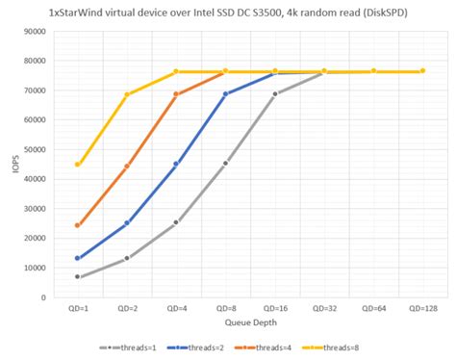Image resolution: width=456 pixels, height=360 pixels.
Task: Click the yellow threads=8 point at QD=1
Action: (x=78, y=165)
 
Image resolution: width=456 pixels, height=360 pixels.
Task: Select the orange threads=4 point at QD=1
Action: (x=78, y=225)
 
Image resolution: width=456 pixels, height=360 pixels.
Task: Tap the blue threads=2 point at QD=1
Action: (x=78, y=258)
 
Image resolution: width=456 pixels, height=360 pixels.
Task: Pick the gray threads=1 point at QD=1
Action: (x=78, y=277)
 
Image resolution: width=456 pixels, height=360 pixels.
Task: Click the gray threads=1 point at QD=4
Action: (x=176, y=222)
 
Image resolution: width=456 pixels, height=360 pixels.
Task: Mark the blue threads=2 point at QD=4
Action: (x=176, y=165)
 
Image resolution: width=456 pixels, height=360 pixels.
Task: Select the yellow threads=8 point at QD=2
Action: (x=127, y=94)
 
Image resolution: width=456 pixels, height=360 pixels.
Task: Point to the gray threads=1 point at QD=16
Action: (x=275, y=94)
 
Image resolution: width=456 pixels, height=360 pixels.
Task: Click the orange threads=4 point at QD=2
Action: (x=127, y=167)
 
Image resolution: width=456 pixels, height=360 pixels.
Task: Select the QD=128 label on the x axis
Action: (x=422, y=309)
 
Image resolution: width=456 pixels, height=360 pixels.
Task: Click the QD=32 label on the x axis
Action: (x=323, y=309)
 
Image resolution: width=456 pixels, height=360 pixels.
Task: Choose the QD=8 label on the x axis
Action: (x=225, y=309)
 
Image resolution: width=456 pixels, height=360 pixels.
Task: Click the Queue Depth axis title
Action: (x=250, y=322)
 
